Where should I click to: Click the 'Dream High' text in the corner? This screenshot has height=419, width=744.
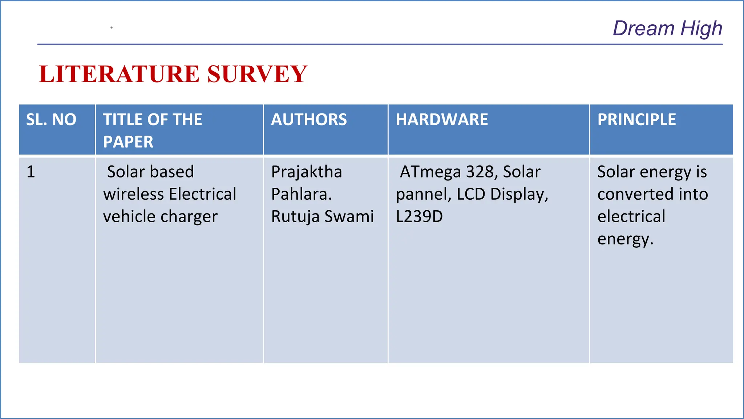point(667,28)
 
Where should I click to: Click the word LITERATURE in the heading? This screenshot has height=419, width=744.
point(119,74)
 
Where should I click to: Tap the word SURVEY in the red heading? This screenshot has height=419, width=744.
point(257,74)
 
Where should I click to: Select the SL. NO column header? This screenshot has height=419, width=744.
point(51,120)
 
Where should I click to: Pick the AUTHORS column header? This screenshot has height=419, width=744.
point(309,120)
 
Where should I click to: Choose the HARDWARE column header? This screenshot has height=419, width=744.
point(442,120)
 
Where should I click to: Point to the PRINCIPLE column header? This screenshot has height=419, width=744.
point(636,120)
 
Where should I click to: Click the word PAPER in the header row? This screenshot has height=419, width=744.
point(128,142)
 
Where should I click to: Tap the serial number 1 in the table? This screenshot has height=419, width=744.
point(31,172)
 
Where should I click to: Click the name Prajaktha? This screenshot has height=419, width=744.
point(307,172)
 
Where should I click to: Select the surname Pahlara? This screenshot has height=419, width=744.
point(301,194)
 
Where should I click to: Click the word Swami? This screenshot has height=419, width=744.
point(349,216)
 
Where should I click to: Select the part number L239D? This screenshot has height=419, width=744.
point(419,216)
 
